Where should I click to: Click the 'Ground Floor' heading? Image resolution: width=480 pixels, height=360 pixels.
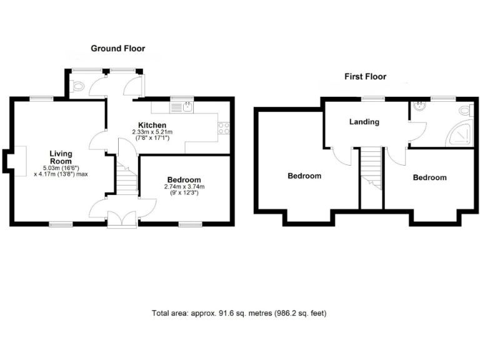[x=118, y=48]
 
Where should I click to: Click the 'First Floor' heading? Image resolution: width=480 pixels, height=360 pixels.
[x=365, y=77]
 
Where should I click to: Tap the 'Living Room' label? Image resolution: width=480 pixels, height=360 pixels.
[x=61, y=157]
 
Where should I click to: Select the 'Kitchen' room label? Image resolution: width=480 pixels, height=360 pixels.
[x=152, y=125]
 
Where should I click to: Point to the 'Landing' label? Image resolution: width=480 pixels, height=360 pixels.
[x=364, y=122]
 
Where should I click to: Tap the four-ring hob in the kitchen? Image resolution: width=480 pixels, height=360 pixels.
[x=223, y=128]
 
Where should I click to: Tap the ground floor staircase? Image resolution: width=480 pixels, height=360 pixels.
[x=126, y=178]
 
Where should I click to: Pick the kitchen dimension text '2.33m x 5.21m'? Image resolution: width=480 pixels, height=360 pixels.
[x=152, y=132]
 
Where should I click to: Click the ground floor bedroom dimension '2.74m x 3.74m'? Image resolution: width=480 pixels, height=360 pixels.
[x=184, y=187]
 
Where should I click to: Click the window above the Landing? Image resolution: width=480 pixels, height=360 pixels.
[x=373, y=97]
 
